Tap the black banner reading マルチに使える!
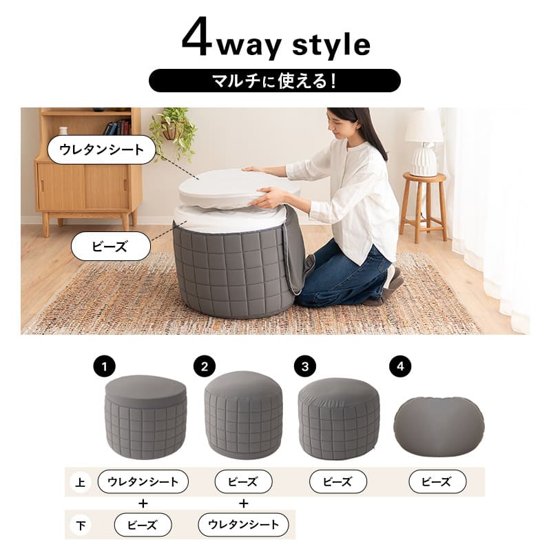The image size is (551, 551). (274, 81)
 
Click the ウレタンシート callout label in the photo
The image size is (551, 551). (101, 149)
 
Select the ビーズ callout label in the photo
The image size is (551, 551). (110, 246)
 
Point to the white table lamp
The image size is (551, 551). (424, 142)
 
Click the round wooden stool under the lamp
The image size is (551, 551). (424, 204)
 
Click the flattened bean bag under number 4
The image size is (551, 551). (438, 425)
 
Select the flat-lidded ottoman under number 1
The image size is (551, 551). (145, 417)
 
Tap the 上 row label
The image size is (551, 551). (80, 482)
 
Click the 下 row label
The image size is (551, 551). (80, 526)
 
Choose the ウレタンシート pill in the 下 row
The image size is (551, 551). (243, 525)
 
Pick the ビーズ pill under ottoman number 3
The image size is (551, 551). (337, 481)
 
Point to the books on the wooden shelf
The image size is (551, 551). (116, 127)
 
